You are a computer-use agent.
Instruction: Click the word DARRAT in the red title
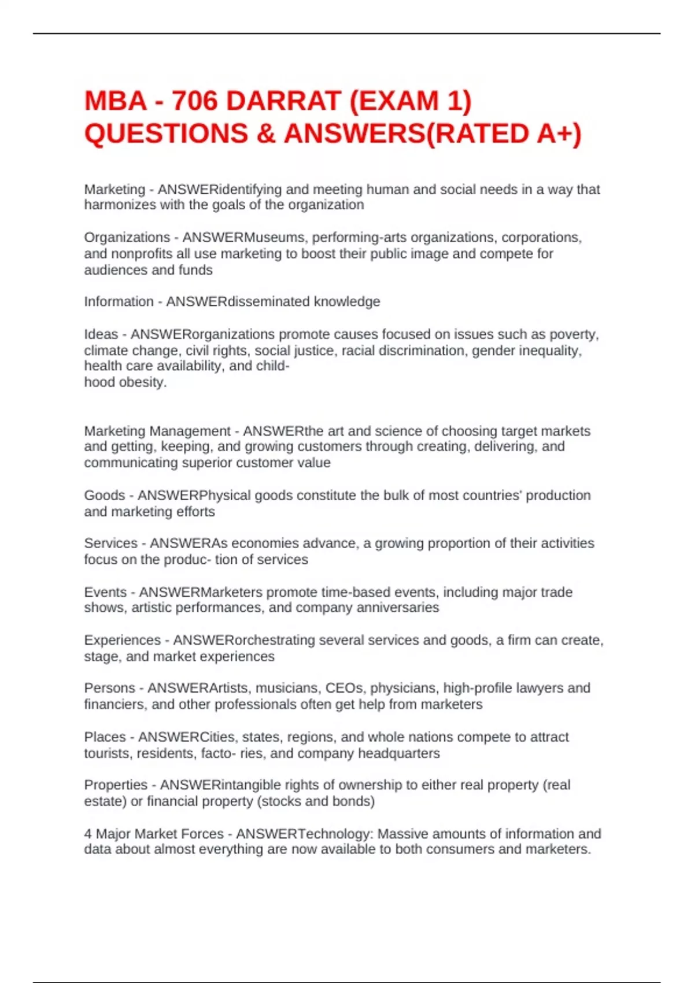[283, 101]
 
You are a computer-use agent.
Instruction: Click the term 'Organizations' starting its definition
[127, 238]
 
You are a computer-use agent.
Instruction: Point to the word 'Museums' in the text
[275, 238]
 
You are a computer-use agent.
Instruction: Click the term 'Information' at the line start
[119, 302]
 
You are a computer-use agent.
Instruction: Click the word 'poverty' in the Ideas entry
[575, 334]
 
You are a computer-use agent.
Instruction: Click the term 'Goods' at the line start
[105, 496]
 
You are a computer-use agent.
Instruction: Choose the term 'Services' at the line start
[110, 544]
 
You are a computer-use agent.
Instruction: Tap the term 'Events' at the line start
[105, 592]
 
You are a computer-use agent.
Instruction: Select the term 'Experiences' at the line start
[122, 640]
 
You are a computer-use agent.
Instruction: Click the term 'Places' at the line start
[105, 737]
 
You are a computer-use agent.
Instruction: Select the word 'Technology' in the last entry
[334, 834]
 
